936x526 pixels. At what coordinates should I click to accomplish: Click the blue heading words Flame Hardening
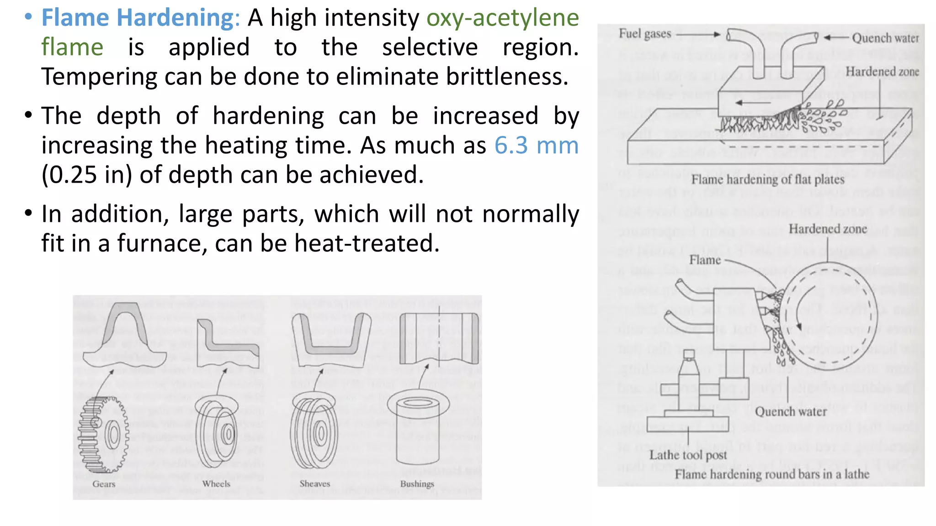pos(138,18)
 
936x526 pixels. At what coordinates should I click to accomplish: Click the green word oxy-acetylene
pos(502,18)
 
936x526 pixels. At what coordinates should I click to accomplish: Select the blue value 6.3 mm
pos(536,146)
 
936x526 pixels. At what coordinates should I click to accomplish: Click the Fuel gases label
pos(645,34)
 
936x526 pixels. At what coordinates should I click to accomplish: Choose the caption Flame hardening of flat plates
pos(767,179)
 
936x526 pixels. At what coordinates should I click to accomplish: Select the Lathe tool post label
pos(688,455)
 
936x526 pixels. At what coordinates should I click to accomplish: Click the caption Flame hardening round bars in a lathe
pos(772,474)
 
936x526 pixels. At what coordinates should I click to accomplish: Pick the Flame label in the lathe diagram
pos(705,260)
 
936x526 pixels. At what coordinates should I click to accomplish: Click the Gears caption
pos(104,484)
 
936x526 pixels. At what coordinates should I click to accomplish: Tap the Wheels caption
pos(216,484)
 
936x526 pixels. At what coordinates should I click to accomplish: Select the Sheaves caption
pos(314,484)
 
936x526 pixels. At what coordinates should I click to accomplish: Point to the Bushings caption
pos(417,484)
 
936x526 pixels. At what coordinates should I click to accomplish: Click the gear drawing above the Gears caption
pos(103,434)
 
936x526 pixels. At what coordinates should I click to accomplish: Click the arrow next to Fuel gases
pos(698,34)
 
